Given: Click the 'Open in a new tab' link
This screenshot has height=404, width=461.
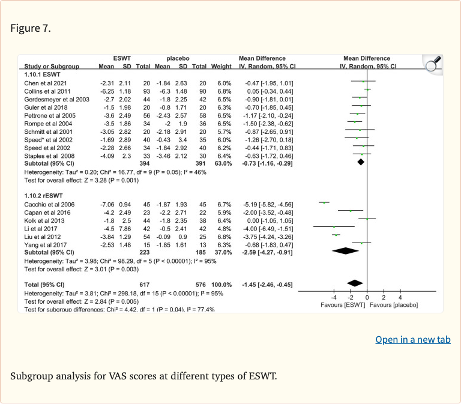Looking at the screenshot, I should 412,340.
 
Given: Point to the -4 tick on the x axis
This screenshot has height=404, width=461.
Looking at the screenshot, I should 334,298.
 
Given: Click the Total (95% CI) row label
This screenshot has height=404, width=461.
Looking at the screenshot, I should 44,284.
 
